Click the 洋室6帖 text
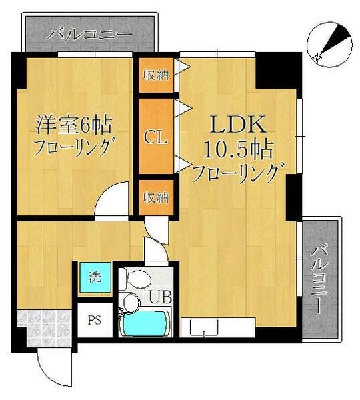(73, 125)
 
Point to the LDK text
(239, 124)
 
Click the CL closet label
(156, 139)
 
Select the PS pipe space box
(95, 319)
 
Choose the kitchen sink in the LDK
(203, 327)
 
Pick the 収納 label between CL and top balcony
(156, 75)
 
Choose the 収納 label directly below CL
(156, 197)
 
